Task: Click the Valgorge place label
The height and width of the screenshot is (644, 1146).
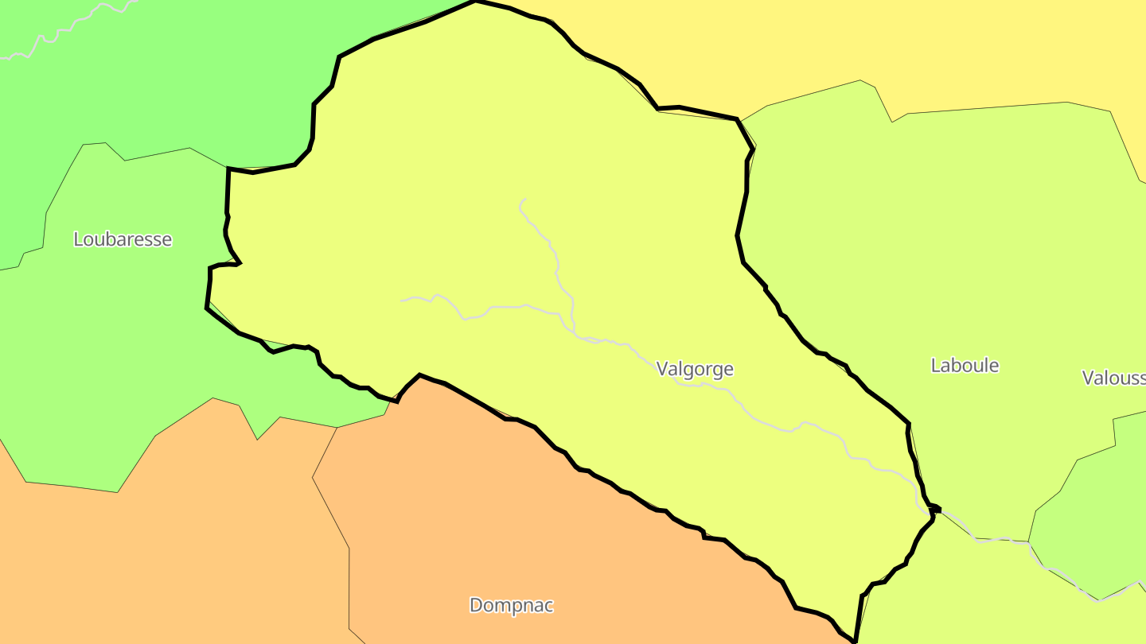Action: (x=695, y=369)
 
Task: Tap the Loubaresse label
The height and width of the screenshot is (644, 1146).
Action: (x=123, y=239)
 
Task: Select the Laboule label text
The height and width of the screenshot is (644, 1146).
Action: (x=965, y=366)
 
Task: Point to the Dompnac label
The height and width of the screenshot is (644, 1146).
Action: (x=511, y=606)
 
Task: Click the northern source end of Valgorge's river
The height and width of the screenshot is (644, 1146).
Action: (x=524, y=199)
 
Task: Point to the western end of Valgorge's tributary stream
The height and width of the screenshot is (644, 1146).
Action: (x=402, y=301)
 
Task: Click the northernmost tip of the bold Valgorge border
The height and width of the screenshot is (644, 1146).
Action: (x=476, y=2)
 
